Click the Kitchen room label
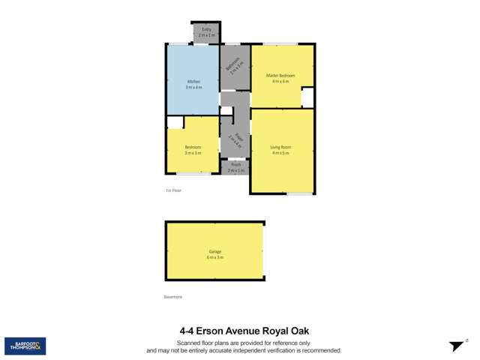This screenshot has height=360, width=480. click(193, 81)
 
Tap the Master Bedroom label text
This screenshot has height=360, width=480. click(280, 76)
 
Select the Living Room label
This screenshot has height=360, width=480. click(280, 147)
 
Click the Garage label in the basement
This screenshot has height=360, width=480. click(215, 251)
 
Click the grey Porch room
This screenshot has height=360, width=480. click(235, 168)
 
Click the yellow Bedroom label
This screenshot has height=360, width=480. click(193, 147)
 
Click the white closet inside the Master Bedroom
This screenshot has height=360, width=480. click(307, 98)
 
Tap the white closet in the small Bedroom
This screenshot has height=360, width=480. click(175, 123)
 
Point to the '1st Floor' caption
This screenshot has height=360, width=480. click(173, 190)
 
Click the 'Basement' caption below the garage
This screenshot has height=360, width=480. click(173, 297)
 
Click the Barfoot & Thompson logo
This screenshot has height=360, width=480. click(25, 346)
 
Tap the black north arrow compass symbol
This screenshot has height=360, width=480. click(457, 346)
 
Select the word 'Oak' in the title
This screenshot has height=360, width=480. click(298, 330)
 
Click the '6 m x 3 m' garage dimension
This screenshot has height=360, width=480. click(215, 257)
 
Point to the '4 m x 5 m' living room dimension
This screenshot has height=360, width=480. click(280, 153)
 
